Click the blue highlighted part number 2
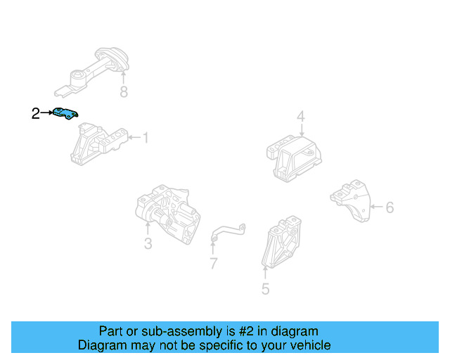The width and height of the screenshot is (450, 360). pyautogui.click(x=65, y=112)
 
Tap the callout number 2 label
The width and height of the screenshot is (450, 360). pyautogui.click(x=35, y=113)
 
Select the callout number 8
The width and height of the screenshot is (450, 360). pyautogui.click(x=124, y=92)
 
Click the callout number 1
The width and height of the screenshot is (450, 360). pyautogui.click(x=146, y=139)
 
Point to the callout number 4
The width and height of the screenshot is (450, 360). pyautogui.click(x=300, y=116)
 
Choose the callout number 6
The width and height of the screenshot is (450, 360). pyautogui.click(x=390, y=207)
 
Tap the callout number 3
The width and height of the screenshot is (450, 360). pyautogui.click(x=148, y=244)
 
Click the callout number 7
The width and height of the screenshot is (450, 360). pyautogui.click(x=213, y=264)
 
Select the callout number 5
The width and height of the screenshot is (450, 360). pyautogui.click(x=265, y=288)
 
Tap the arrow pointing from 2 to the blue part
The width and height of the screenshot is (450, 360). pyautogui.click(x=47, y=112)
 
